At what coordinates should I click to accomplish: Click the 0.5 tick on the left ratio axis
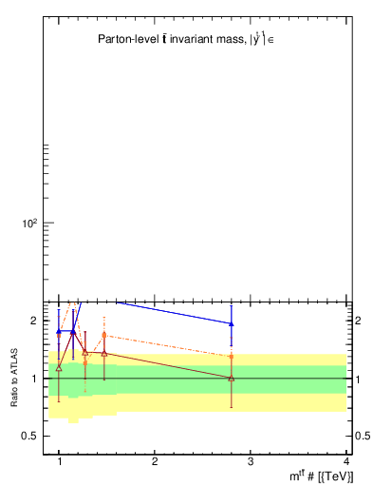pos(30,436)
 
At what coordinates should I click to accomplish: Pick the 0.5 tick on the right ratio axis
pos(363,436)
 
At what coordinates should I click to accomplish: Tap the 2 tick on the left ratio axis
pos(33,321)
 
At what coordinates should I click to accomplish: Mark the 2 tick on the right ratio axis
pos(359,321)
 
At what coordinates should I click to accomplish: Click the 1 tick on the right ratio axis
pos(359,379)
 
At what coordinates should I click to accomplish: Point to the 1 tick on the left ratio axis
pos(33,379)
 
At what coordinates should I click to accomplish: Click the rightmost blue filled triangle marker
pos(232,323)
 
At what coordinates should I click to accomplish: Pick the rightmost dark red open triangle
pos(232,378)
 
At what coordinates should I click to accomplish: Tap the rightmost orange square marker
pos(232,357)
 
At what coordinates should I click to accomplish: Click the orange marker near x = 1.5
pos(103,335)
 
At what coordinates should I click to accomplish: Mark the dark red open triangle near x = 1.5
pos(103,353)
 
